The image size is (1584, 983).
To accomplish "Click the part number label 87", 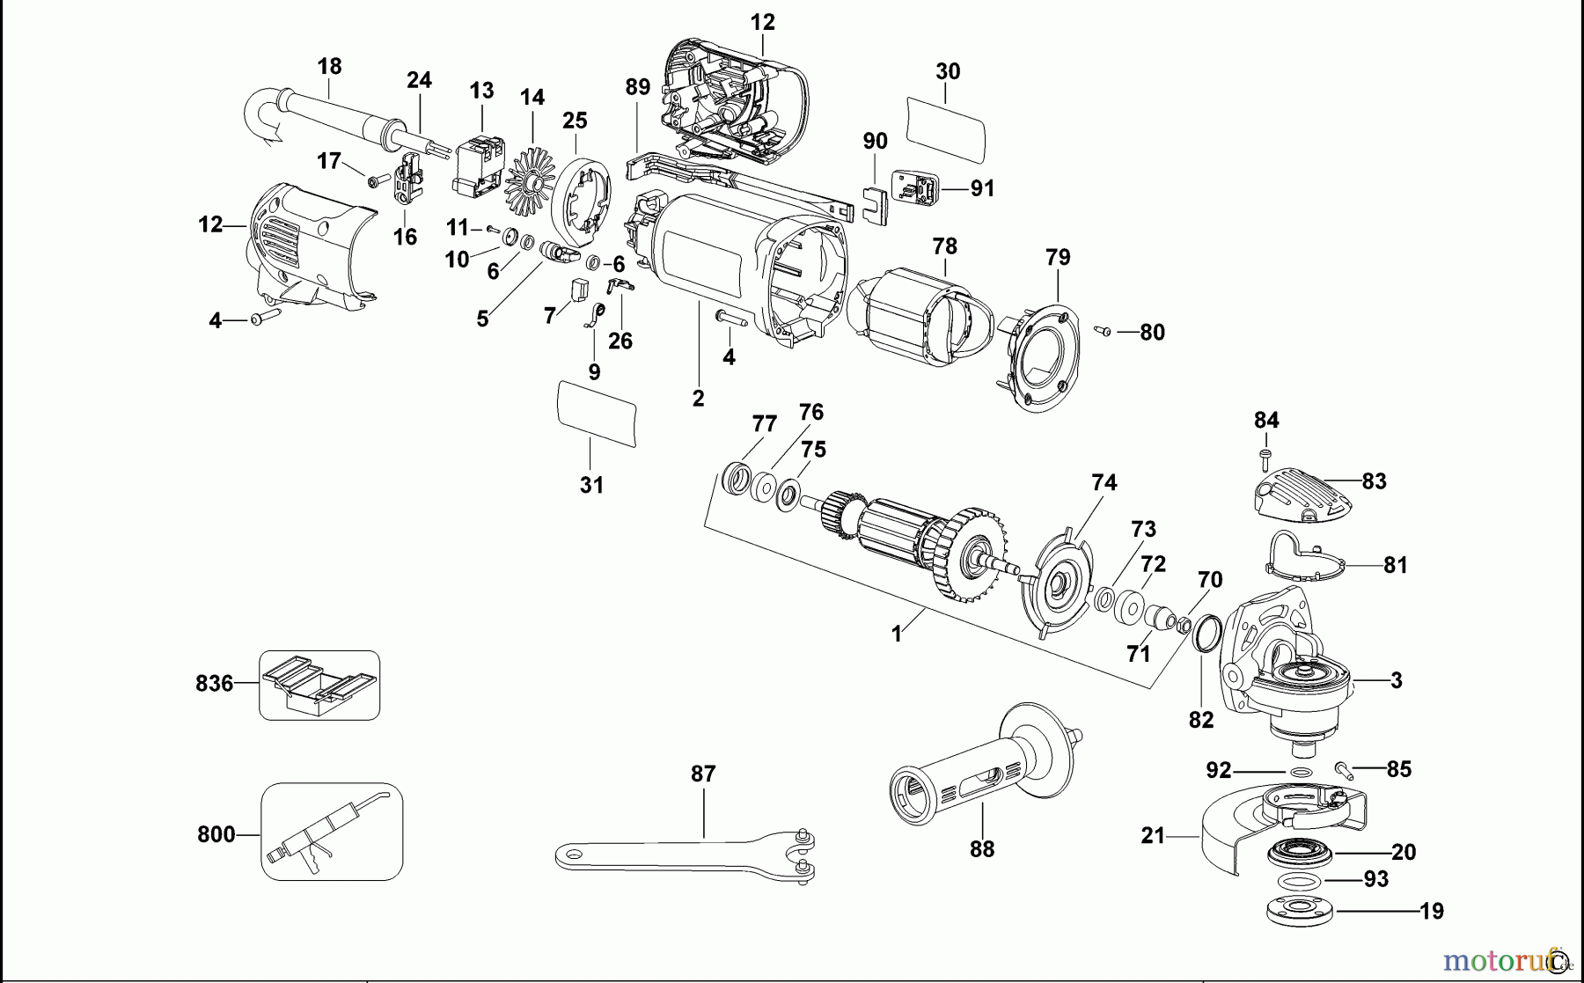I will pyautogui.click(x=703, y=774).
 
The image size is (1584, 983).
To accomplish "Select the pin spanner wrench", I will pyautogui.click(x=686, y=855).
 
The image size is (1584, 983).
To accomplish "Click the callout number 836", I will pyautogui.click(x=214, y=684).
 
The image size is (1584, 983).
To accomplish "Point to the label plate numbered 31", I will pyautogui.click(x=597, y=414).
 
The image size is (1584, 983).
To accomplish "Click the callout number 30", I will pyautogui.click(x=948, y=71).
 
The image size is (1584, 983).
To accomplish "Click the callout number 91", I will pyautogui.click(x=982, y=188).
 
